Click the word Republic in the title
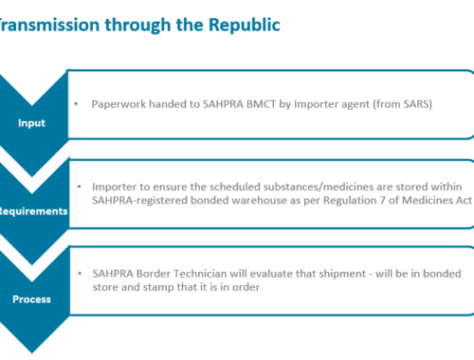pos(245,25)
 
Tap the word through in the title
pos(137,26)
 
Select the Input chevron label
pos(31,123)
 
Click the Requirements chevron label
pos(33,211)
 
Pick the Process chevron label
pos(31,299)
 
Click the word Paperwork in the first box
pos(118,104)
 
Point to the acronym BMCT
pos(261,104)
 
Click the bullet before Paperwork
pos(76,104)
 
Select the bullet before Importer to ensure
pos(79,187)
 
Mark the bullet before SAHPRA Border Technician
pos(80,274)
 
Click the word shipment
pos(342,274)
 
